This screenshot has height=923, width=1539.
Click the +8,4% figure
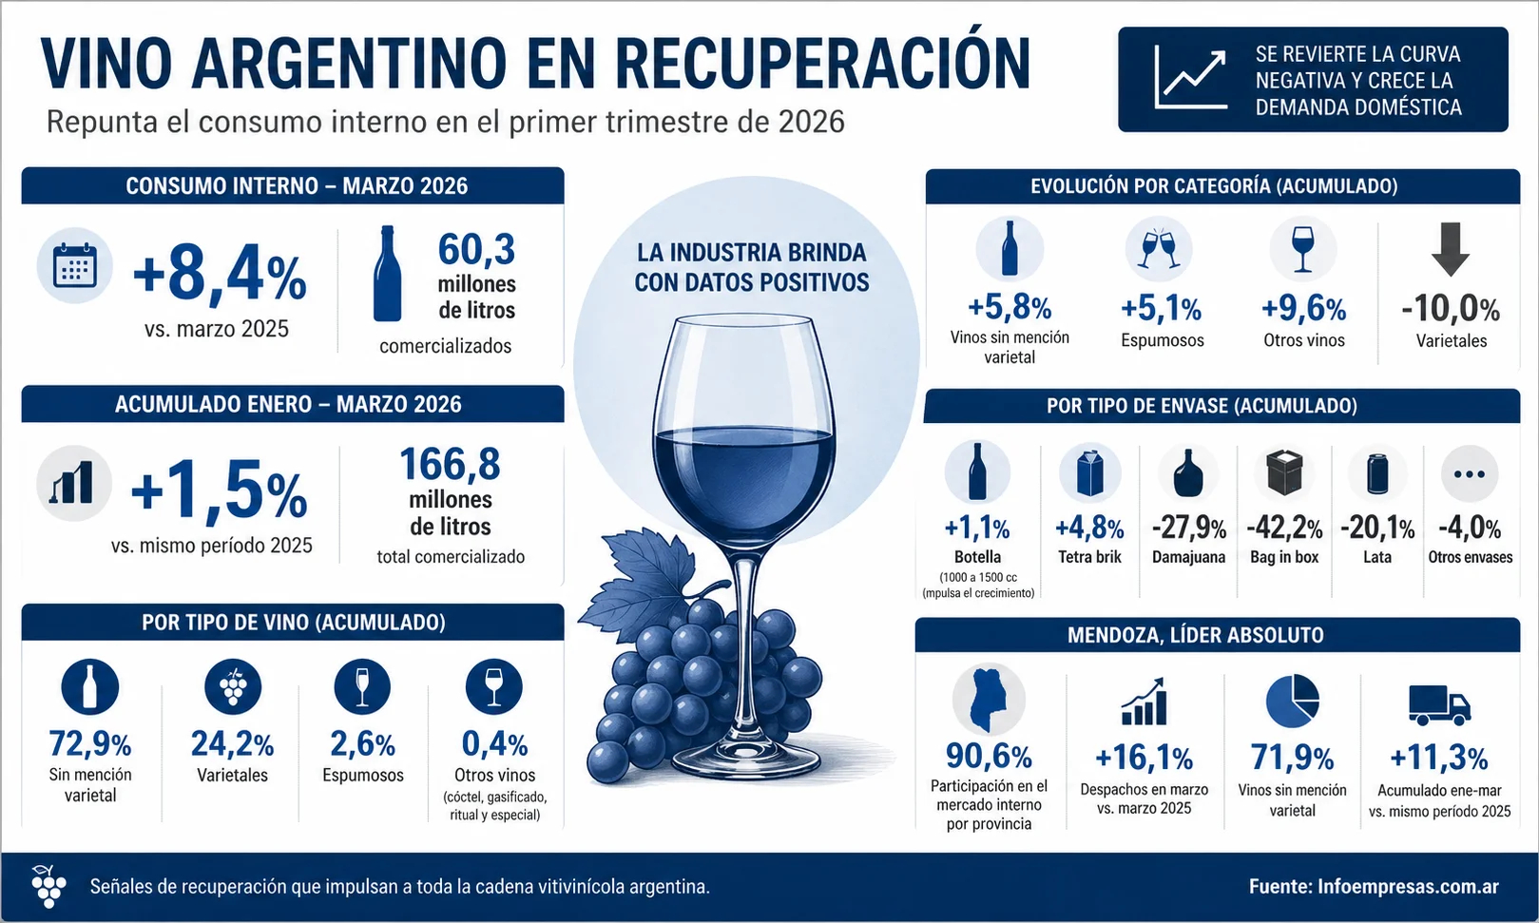tap(220, 276)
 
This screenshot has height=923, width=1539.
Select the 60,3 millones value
tap(476, 250)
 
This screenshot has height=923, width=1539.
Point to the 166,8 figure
tap(450, 465)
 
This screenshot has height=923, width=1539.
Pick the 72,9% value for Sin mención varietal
tap(90, 743)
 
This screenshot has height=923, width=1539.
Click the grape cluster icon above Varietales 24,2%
tap(233, 686)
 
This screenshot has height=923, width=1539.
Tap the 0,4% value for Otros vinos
tap(494, 743)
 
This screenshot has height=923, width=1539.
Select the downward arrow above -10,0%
tap(1451, 249)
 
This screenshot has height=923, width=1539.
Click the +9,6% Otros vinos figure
tap(1303, 308)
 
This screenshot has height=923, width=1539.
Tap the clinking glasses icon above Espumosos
tap(1160, 248)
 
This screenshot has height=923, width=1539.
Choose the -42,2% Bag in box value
tap(1284, 528)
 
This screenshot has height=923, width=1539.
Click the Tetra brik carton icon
tap(1089, 473)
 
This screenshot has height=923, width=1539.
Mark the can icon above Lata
tap(1377, 473)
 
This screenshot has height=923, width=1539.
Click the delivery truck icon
tap(1438, 704)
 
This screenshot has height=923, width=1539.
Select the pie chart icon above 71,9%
tap(1292, 702)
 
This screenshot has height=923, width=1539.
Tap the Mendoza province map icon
tap(988, 700)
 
